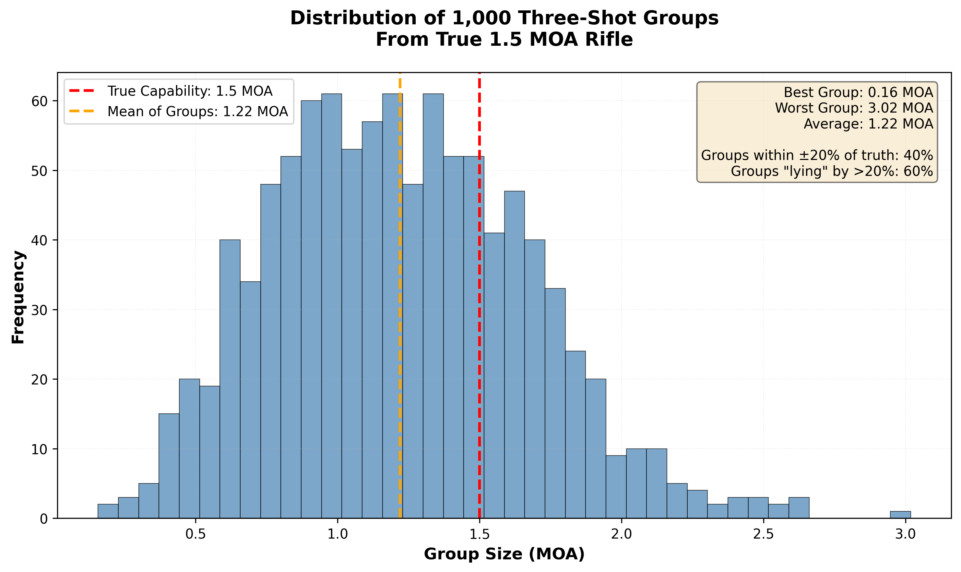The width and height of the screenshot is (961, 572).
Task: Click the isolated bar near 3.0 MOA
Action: [x=900, y=515]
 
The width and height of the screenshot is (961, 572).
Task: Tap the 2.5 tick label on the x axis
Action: [x=764, y=535]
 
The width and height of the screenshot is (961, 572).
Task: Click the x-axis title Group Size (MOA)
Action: [x=504, y=554]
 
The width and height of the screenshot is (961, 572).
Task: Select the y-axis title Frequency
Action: [x=18, y=297]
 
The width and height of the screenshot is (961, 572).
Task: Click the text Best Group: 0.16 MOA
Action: [x=858, y=92]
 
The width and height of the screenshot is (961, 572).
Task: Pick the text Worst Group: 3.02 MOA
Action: [x=854, y=108]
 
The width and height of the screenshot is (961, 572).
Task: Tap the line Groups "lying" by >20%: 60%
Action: [x=832, y=171]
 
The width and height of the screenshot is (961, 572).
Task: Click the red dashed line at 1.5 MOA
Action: [x=480, y=308]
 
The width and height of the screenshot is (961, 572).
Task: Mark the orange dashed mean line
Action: [x=400, y=308]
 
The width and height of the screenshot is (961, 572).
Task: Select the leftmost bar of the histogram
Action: [x=108, y=511]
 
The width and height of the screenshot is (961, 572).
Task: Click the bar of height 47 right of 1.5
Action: [x=514, y=355]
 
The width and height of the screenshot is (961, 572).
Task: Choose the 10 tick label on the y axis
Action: [x=39, y=449]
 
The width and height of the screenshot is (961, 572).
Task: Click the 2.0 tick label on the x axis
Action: [x=621, y=535]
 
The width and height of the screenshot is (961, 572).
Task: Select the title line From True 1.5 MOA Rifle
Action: [x=504, y=40]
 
